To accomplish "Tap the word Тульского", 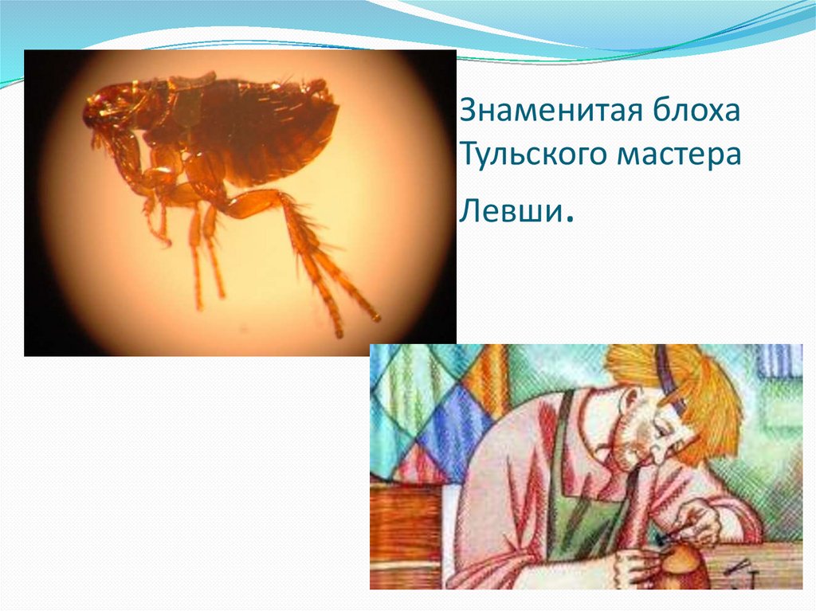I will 529,155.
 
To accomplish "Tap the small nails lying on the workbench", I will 737,568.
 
